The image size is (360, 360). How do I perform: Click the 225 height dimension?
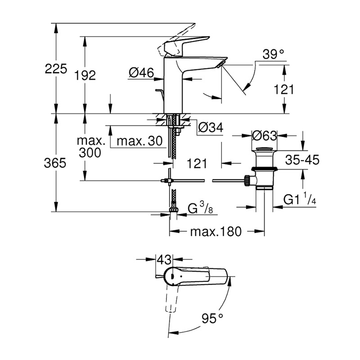click(56, 69)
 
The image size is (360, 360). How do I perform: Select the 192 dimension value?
click(85, 75)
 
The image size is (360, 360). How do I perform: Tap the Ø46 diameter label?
click(141, 73)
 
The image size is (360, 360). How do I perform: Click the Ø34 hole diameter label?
click(211, 127)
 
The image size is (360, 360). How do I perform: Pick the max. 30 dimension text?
click(139, 141)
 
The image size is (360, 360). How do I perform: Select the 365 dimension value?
click(55, 163)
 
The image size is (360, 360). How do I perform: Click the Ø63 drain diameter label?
click(265, 136)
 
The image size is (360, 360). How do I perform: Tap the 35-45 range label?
click(302, 160)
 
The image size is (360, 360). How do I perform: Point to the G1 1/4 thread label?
click(300, 199)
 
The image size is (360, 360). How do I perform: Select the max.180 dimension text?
click(216, 232)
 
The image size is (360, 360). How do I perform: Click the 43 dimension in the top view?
click(164, 260)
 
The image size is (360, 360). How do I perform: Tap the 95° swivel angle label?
click(212, 319)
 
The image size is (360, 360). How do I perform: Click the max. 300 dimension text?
click(90, 147)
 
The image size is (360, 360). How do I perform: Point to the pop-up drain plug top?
click(265, 149)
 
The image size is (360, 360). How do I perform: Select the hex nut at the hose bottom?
click(174, 209)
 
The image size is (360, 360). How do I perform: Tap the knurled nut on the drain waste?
click(247, 180)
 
